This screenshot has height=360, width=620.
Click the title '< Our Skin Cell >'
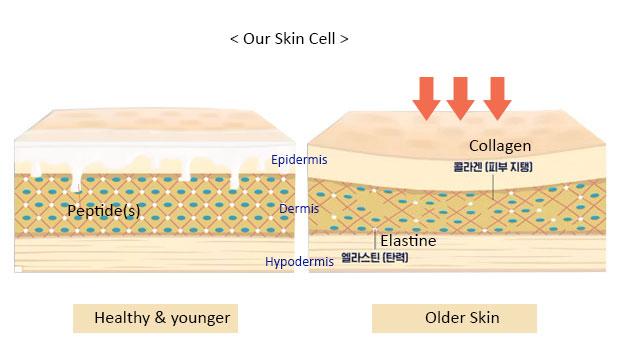coord(289,40)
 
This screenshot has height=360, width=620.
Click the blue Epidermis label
coord(299,159)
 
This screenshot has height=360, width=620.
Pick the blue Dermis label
coord(299,210)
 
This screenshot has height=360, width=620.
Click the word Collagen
coord(499,146)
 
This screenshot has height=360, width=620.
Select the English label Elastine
coord(409,241)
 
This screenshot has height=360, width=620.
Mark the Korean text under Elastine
coord(375,257)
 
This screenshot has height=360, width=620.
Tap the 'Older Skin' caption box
coord(454,318)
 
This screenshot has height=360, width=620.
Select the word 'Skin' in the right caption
coord(482,318)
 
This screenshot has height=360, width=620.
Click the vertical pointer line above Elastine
coord(375,238)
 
